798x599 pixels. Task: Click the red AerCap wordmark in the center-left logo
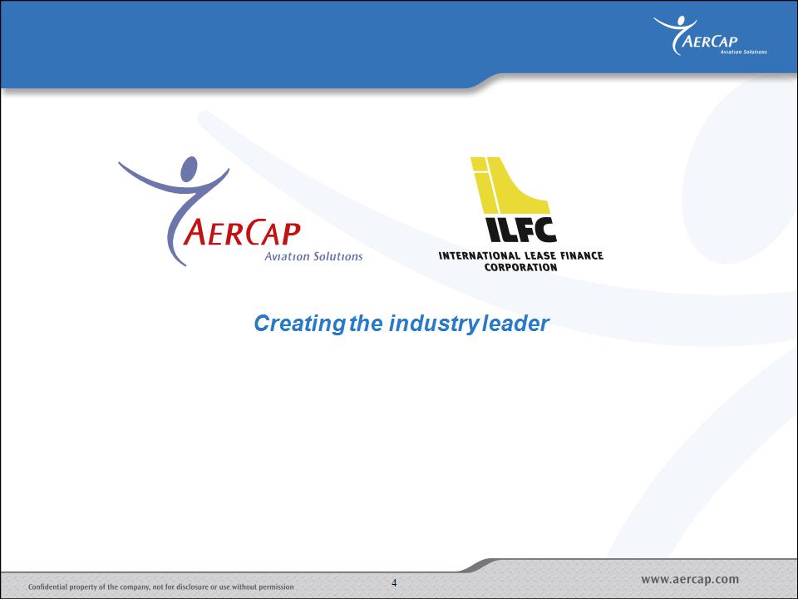[242, 232]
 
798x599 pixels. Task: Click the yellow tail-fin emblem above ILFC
[510, 185]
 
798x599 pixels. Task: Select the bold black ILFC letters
[520, 230]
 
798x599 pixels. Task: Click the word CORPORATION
[520, 267]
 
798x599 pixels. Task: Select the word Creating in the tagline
[299, 324]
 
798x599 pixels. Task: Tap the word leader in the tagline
[516, 323]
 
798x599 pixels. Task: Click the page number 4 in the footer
[394, 582]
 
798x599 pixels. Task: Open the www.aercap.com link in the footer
[690, 580]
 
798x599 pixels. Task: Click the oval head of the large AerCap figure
[189, 169]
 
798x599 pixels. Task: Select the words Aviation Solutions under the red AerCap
[313, 256]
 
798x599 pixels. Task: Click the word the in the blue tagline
[366, 323]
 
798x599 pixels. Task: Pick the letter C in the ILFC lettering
[544, 230]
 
